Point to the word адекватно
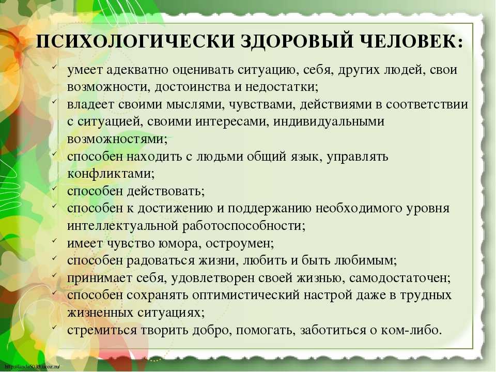coord(137,70)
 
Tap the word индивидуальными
coord(329,121)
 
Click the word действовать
coord(164,191)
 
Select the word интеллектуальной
coord(123,226)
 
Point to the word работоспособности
coord(242,226)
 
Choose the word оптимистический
coord(245,296)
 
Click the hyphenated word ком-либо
coord(407,330)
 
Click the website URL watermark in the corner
coord(33,367)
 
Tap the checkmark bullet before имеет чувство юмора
coord(54,241)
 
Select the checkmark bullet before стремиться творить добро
coord(54,328)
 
